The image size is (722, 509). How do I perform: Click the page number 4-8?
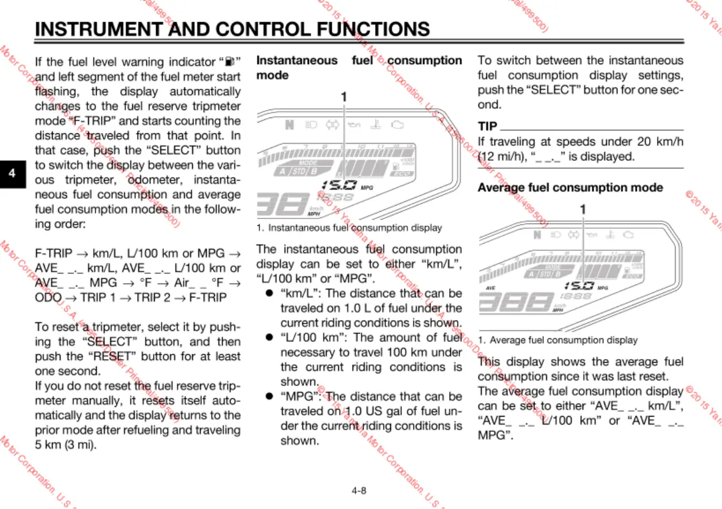[x=359, y=490]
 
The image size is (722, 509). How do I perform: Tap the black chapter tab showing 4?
[x=12, y=173]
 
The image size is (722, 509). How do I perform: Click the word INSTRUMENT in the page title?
[x=98, y=29]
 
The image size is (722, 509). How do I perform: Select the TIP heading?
[x=488, y=127]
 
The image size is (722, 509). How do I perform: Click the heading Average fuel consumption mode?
[x=570, y=187]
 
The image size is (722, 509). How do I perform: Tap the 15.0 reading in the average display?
[x=578, y=286]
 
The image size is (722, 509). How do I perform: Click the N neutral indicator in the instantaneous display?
[x=289, y=125]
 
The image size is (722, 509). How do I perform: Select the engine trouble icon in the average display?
[x=628, y=234]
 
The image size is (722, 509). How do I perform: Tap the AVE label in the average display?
[x=490, y=287]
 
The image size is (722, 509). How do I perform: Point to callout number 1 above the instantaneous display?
[x=343, y=97]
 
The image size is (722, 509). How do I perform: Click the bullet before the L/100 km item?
[x=268, y=338]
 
